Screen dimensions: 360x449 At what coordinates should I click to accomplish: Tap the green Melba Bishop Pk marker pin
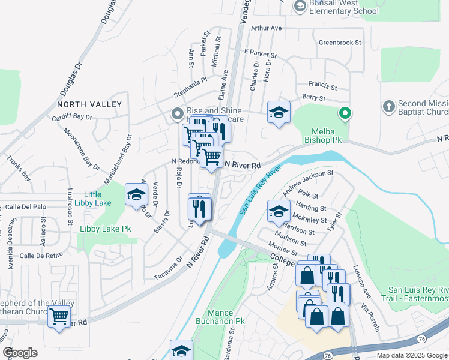(x=345, y=113)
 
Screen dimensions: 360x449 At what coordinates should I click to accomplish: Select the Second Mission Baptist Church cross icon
(x=389, y=106)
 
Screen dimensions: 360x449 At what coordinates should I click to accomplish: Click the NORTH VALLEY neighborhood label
(x=89, y=104)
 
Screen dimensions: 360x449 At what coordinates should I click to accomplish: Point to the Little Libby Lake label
(x=92, y=199)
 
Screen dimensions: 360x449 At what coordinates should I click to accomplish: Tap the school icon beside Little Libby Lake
(x=136, y=194)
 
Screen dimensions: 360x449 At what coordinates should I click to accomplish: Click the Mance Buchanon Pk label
(x=215, y=317)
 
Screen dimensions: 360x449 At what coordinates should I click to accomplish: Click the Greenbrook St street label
(x=340, y=43)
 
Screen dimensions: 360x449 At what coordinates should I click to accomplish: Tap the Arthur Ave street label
(x=267, y=28)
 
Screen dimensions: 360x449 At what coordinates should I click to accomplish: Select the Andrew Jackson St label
(x=307, y=182)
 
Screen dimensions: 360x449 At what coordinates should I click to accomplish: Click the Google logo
(x=20, y=353)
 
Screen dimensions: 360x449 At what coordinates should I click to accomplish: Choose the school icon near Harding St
(x=278, y=211)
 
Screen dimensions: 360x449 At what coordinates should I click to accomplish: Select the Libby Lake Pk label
(x=106, y=229)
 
